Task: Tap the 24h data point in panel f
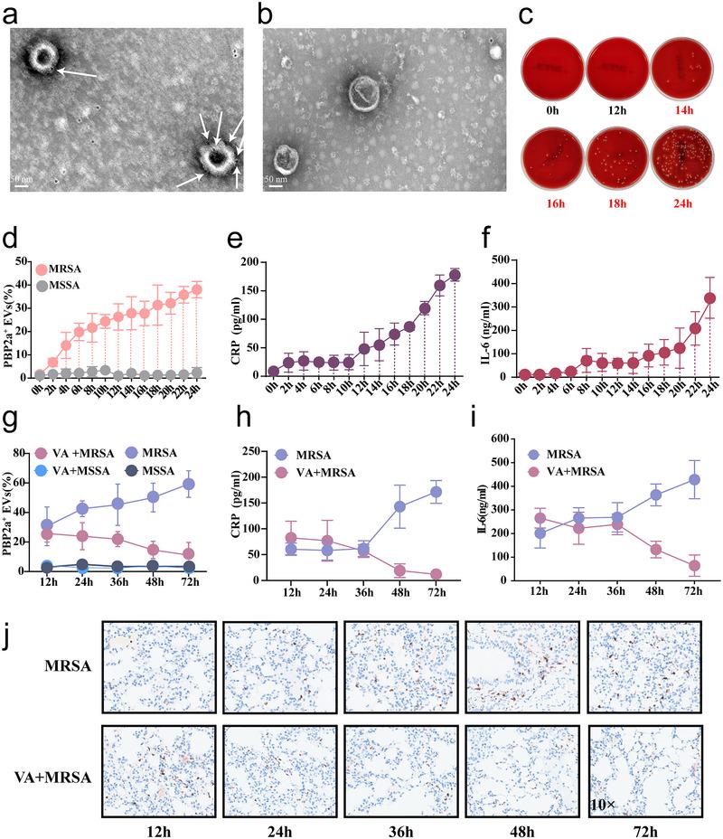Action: tap(686, 298)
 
